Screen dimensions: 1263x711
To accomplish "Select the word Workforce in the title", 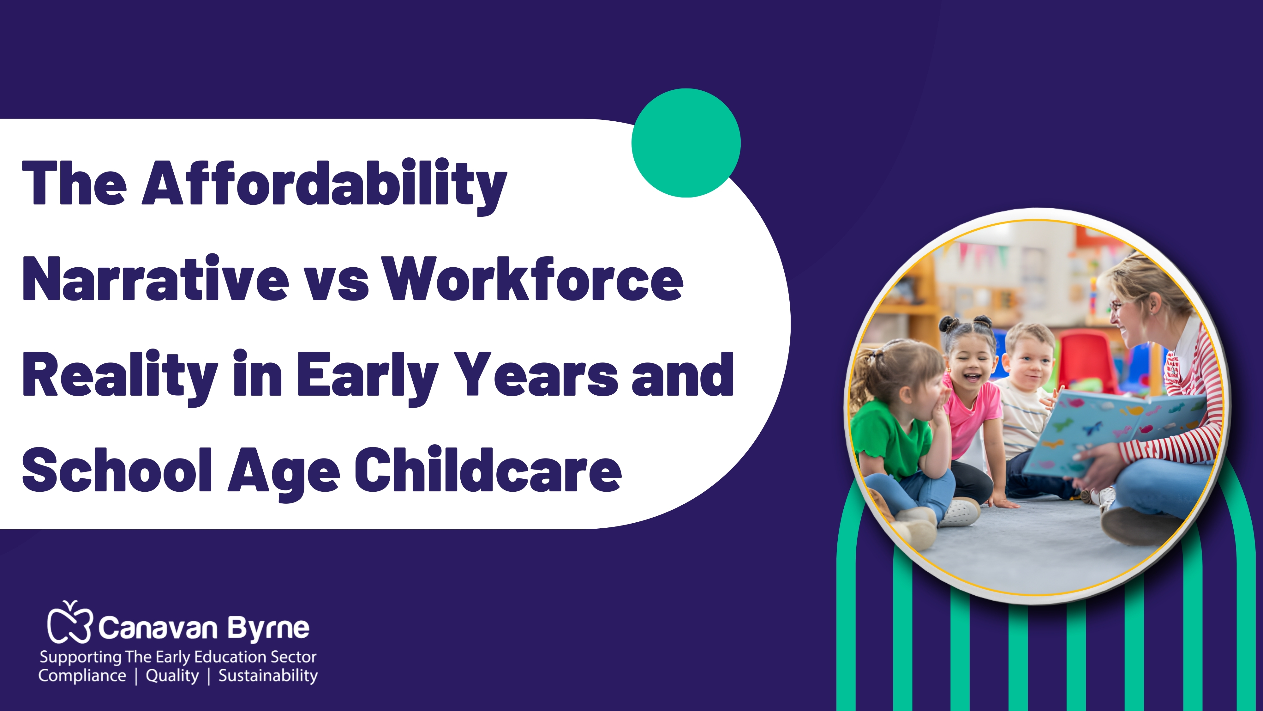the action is [x=533, y=279].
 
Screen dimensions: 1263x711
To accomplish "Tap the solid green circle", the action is [x=686, y=143].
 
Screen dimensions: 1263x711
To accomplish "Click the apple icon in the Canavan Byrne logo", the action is [x=69, y=622].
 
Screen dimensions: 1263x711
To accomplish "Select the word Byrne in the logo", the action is [x=268, y=629].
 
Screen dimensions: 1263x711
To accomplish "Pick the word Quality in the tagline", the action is [x=172, y=676].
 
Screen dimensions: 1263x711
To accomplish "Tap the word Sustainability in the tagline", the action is [x=268, y=676].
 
